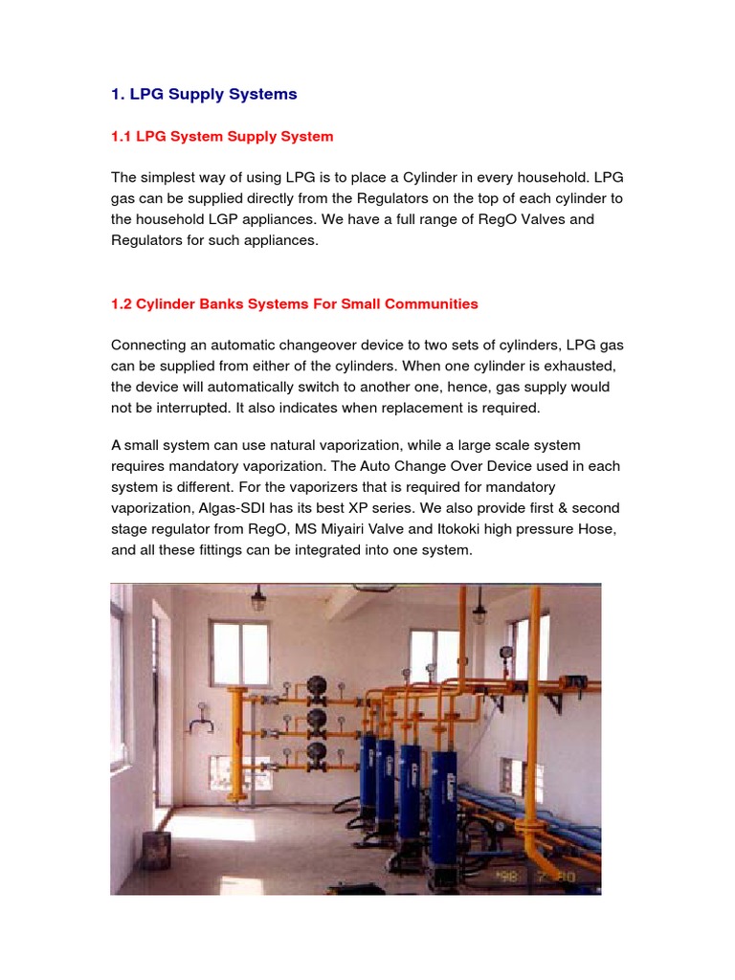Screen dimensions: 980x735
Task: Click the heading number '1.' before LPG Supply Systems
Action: click(119, 94)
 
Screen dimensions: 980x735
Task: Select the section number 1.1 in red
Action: click(122, 136)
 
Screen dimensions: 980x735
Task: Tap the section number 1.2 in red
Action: click(122, 303)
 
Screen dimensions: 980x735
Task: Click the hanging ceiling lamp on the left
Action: click(257, 600)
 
